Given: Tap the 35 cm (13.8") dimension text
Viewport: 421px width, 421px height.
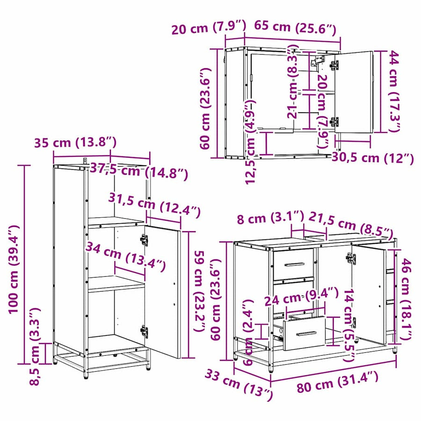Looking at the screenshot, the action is pos(75,143).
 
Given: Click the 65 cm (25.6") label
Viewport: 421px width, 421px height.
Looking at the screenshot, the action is pos(295,28).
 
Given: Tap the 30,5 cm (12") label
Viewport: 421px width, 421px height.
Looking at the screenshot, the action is pos(373,158).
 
